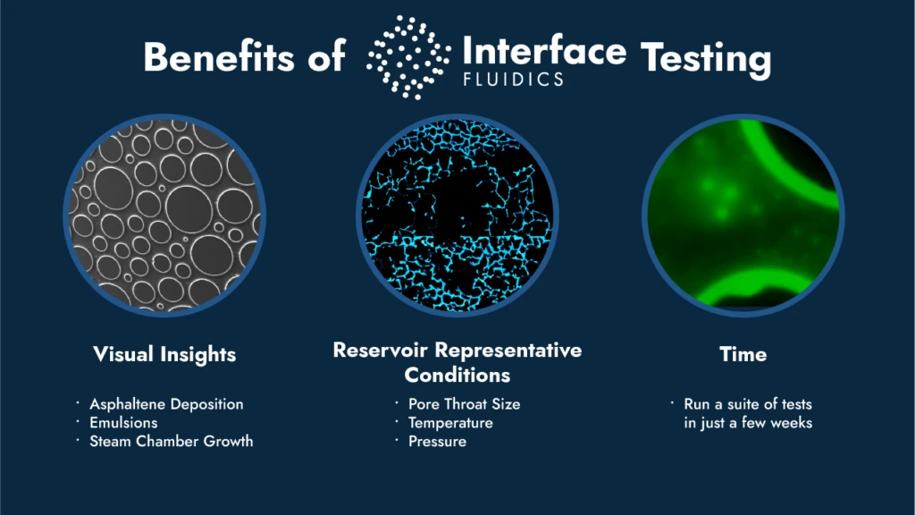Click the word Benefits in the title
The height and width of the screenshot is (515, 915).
click(x=219, y=57)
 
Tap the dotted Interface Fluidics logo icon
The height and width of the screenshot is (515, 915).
click(x=408, y=57)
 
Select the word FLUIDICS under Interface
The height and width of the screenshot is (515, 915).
click(x=514, y=80)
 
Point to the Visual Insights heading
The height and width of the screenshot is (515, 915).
click(x=164, y=354)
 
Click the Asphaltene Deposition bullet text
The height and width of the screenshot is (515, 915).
click(x=166, y=404)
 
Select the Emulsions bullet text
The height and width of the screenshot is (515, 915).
click(x=123, y=423)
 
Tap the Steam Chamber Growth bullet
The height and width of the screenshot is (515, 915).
click(x=171, y=442)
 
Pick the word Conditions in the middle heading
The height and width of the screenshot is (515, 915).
click(x=457, y=375)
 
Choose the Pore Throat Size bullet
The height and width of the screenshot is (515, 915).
click(x=464, y=404)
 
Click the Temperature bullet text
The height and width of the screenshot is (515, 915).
click(x=450, y=423)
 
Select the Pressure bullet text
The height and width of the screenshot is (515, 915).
click(x=437, y=442)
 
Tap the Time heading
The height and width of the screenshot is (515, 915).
click(x=743, y=354)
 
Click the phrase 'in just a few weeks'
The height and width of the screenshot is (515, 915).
click(x=748, y=423)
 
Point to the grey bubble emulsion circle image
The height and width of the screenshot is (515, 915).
click(x=164, y=215)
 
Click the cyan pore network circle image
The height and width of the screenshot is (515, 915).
click(x=457, y=215)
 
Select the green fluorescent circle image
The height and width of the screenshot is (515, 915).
click(x=743, y=215)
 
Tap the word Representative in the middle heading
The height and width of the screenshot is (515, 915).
click(x=508, y=350)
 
